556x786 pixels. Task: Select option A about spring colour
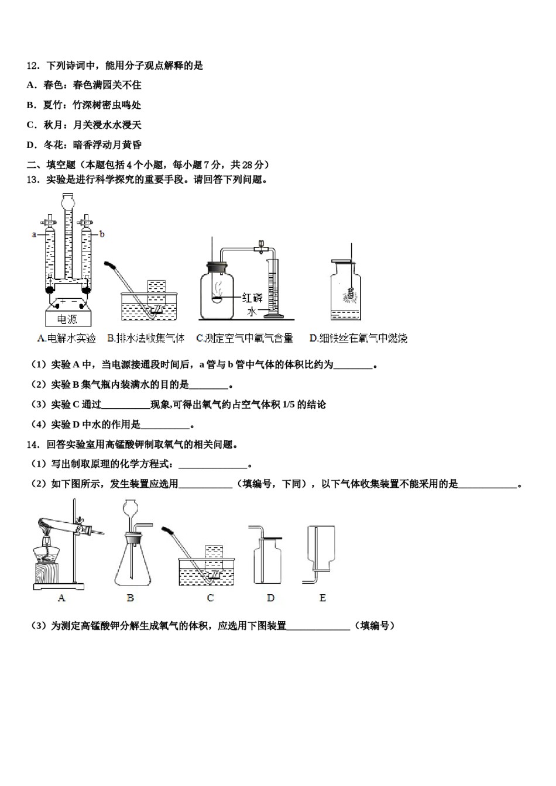[84, 85]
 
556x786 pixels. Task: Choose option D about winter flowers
[84, 145]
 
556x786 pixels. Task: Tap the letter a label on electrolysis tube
[34, 235]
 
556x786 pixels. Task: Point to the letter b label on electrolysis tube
[102, 235]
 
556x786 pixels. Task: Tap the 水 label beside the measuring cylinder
[252, 312]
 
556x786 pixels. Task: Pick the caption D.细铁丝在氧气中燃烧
[358, 338]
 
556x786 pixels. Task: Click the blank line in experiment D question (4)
[166, 425]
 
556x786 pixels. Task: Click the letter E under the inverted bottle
[322, 598]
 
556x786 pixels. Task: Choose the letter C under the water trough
[210, 598]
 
